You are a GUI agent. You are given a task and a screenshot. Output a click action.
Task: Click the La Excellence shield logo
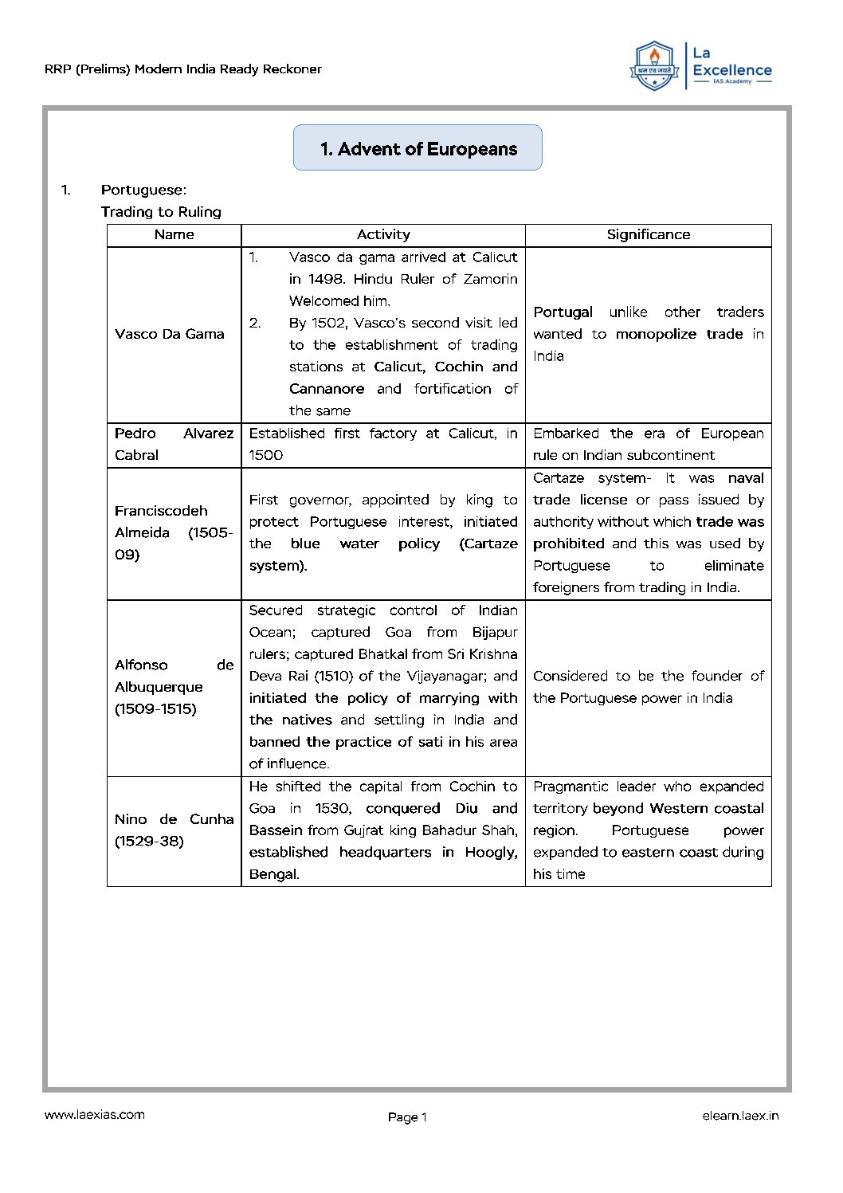tap(653, 66)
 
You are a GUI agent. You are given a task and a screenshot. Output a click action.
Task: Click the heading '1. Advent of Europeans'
tap(418, 149)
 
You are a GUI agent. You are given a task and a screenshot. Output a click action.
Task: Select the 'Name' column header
tap(174, 235)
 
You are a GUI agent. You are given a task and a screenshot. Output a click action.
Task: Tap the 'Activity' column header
tap(383, 235)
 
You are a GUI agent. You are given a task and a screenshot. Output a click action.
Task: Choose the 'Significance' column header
tap(648, 235)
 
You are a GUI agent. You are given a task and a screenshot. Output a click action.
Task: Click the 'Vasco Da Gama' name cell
tap(169, 334)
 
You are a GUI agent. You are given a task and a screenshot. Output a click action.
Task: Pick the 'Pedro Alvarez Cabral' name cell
tap(174, 444)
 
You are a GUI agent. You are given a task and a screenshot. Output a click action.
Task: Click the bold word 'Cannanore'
tap(327, 389)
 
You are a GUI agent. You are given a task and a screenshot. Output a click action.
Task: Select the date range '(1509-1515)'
tap(155, 709)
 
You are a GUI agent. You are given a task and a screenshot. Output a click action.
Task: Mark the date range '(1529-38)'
tap(149, 842)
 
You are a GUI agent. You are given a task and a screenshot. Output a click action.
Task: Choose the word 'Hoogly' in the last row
tap(489, 853)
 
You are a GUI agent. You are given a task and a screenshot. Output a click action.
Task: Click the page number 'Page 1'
tap(407, 1117)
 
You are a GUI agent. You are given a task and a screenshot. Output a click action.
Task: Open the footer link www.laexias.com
tap(95, 1115)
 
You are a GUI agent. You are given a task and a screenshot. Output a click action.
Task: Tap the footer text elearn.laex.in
tap(740, 1116)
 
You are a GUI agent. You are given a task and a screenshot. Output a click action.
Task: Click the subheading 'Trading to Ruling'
tap(161, 212)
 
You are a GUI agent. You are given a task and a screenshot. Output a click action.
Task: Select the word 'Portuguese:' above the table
tap(143, 190)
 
